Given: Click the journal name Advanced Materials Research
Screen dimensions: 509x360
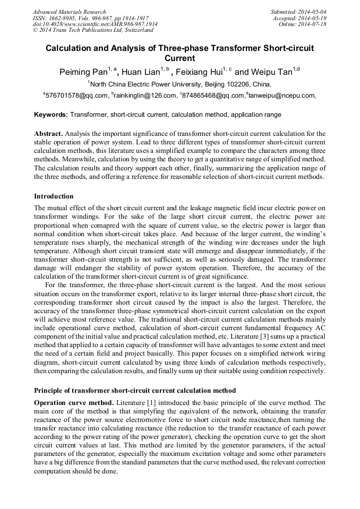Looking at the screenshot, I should pos(69,12).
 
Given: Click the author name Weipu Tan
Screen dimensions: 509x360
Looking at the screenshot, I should pos(270,72).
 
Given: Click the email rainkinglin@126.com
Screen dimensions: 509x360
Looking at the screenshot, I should pos(144,96).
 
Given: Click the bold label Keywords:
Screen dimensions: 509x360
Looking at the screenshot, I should pos(51,115).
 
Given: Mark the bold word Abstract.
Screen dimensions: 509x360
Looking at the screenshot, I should pos(49,134).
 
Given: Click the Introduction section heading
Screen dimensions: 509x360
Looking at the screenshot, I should pos(54,196).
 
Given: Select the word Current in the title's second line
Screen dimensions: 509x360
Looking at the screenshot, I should pos(179,58).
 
